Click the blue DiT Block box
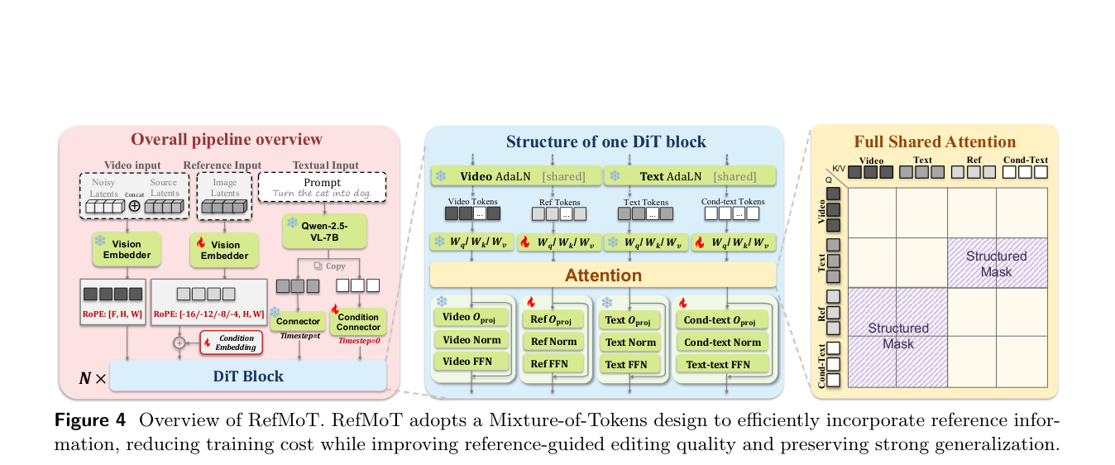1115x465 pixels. pos(248,376)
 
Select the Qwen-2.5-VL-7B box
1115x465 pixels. pos(324,232)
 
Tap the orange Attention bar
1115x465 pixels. pos(603,276)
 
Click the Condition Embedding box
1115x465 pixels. pos(231,343)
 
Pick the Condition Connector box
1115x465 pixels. pos(358,322)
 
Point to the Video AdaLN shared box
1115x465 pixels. pos(515,176)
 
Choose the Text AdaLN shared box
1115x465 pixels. pos(690,176)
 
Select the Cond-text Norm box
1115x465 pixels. pos(722,342)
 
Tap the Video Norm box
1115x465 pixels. pos(471,339)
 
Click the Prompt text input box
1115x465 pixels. pos(323,187)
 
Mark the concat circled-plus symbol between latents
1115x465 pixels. pos(134,206)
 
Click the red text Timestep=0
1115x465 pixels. pos(359,341)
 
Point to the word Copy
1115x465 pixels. pos(336,266)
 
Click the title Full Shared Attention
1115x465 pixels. pos(935,141)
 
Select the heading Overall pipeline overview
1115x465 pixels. pos(227,139)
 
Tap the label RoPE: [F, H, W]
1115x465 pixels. pos(112,314)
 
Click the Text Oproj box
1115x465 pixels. pos(629,320)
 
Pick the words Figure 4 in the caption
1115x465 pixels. pos(90,420)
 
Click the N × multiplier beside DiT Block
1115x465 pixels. pos(93,378)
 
